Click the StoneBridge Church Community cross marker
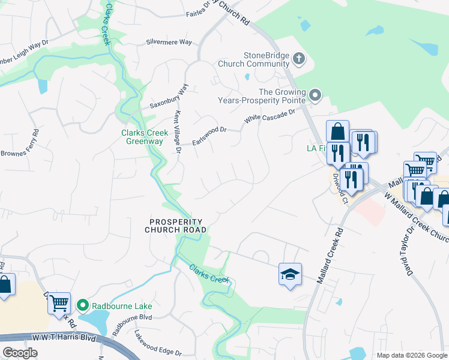(299, 59)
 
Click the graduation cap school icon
(290, 275)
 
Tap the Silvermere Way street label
(169, 43)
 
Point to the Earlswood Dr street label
(209, 135)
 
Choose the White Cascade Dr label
(270, 116)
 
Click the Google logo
(20, 352)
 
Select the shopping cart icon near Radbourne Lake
(59, 304)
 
